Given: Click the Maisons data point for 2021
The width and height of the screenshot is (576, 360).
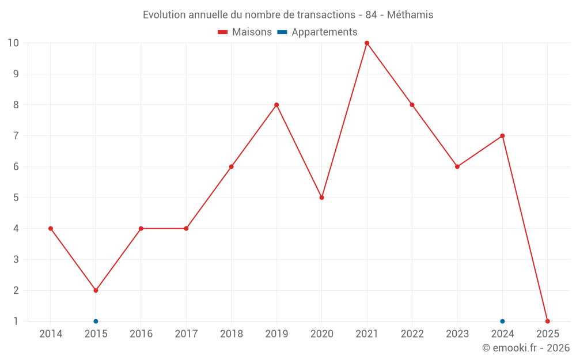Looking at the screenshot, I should [x=367, y=43].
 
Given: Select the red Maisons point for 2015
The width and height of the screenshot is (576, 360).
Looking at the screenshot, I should [x=96, y=290].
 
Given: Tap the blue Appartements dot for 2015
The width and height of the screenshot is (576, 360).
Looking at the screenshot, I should [x=96, y=321].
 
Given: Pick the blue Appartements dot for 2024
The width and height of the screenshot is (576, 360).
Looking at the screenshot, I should [x=502, y=321].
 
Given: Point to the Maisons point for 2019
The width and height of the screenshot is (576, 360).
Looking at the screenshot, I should [x=276, y=105].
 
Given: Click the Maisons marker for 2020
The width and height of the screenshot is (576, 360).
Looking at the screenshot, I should [x=321, y=198].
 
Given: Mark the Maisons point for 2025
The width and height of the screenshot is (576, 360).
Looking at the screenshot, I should [x=547, y=321].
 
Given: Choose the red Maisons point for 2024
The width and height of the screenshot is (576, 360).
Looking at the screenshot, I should [x=502, y=136].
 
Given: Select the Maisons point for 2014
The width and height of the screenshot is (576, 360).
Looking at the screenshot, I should [x=51, y=229].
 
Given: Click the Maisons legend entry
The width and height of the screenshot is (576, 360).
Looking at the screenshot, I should [x=245, y=32].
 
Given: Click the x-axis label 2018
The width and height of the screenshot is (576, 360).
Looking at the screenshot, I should [x=231, y=334].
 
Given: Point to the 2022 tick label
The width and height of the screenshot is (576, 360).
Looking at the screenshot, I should [x=412, y=334].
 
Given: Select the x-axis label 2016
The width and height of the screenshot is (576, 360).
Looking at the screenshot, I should [x=141, y=334].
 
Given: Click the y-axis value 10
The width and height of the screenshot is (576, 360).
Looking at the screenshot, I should [x=13, y=43].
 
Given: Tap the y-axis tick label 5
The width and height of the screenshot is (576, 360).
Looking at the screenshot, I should [x=16, y=198].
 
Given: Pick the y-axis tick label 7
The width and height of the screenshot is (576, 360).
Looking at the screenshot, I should [x=16, y=136].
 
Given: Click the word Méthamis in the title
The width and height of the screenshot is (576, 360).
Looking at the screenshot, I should [x=410, y=15].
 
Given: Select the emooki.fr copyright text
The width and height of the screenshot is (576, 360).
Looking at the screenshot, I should [x=526, y=348].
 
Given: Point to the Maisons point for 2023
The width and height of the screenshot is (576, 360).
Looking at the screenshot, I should [x=457, y=167].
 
